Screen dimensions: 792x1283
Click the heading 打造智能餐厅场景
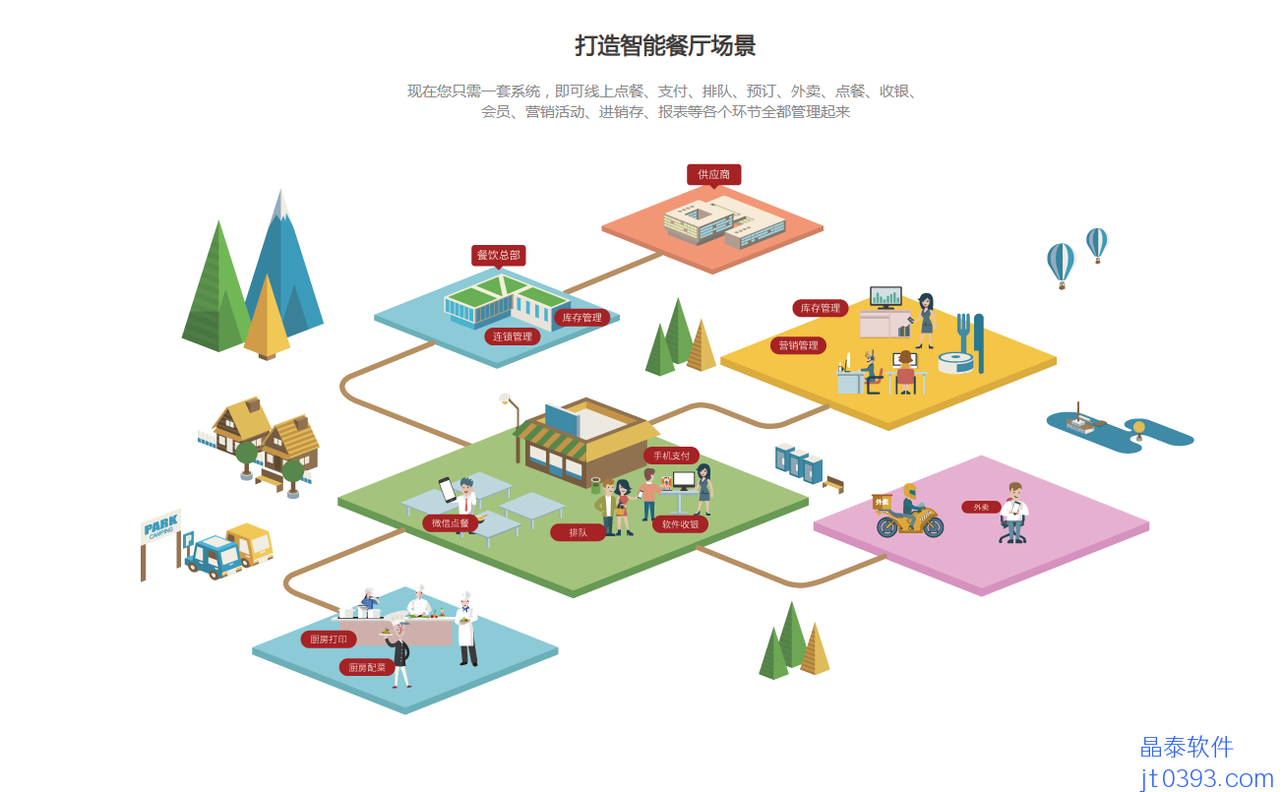[665, 46]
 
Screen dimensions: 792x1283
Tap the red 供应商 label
[713, 174]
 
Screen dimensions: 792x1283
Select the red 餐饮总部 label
[498, 255]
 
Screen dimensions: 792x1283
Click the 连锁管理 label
[512, 336]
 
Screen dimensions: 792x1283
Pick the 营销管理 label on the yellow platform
[798, 345]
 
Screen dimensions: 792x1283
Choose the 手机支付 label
[671, 456]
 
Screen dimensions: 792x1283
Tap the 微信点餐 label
[451, 522]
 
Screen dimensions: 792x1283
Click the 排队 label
[578, 532]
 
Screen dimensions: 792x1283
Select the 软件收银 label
[679, 524]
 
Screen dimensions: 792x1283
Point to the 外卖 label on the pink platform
[981, 508]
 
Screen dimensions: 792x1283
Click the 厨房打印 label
[329, 640]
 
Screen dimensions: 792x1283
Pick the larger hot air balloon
[1061, 262]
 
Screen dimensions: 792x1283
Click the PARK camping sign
[160, 528]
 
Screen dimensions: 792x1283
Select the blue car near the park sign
[213, 556]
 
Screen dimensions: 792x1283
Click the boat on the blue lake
[1081, 423]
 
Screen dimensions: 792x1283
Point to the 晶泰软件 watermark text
[1186, 748]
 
